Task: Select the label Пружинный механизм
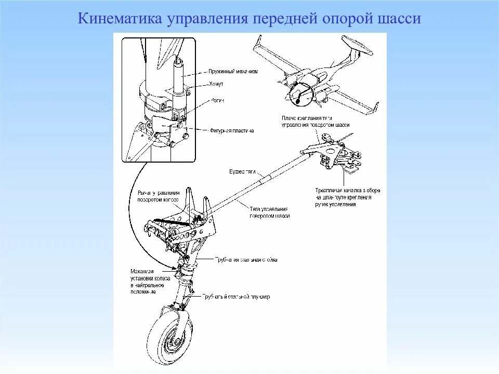(x=233, y=71)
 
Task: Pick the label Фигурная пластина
(x=232, y=131)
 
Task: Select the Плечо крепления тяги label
(x=316, y=122)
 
